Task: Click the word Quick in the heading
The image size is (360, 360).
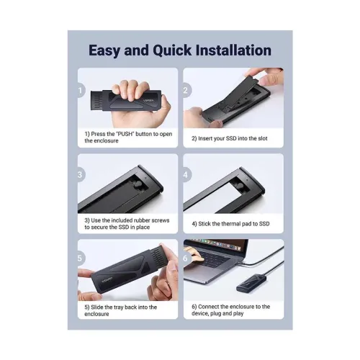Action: (x=172, y=50)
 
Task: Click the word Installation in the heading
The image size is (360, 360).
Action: (x=233, y=50)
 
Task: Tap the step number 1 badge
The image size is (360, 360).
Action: (x=81, y=91)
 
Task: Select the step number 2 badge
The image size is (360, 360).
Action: (x=186, y=91)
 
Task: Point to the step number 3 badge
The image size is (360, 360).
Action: (x=81, y=175)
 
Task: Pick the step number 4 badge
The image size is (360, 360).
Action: (x=186, y=175)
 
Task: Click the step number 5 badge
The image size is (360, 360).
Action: (x=81, y=258)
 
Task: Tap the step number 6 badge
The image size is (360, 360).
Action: (x=186, y=258)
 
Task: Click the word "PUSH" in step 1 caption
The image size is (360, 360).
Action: (x=125, y=134)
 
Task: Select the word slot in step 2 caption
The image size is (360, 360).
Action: (x=262, y=138)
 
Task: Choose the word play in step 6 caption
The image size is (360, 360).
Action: (x=238, y=313)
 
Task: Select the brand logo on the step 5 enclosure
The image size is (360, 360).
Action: (x=107, y=279)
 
